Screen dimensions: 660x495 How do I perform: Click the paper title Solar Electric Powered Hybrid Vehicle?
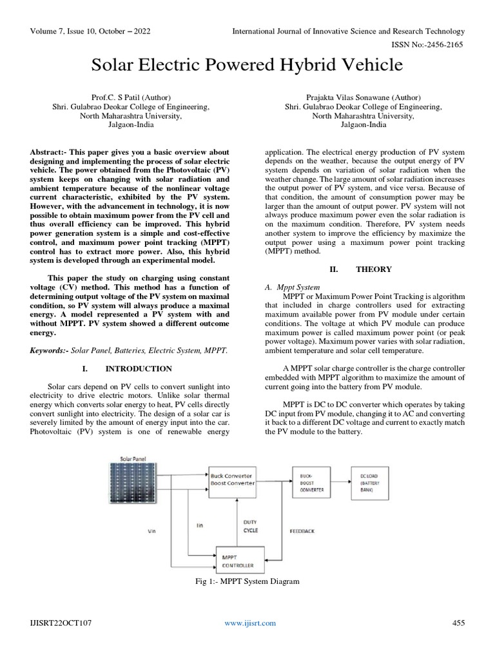pos(247,65)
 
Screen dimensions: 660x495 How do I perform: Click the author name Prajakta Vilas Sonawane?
pos(364,96)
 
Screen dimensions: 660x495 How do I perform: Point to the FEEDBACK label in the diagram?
pos(302,531)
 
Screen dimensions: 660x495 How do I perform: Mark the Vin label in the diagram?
pos(152,531)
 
